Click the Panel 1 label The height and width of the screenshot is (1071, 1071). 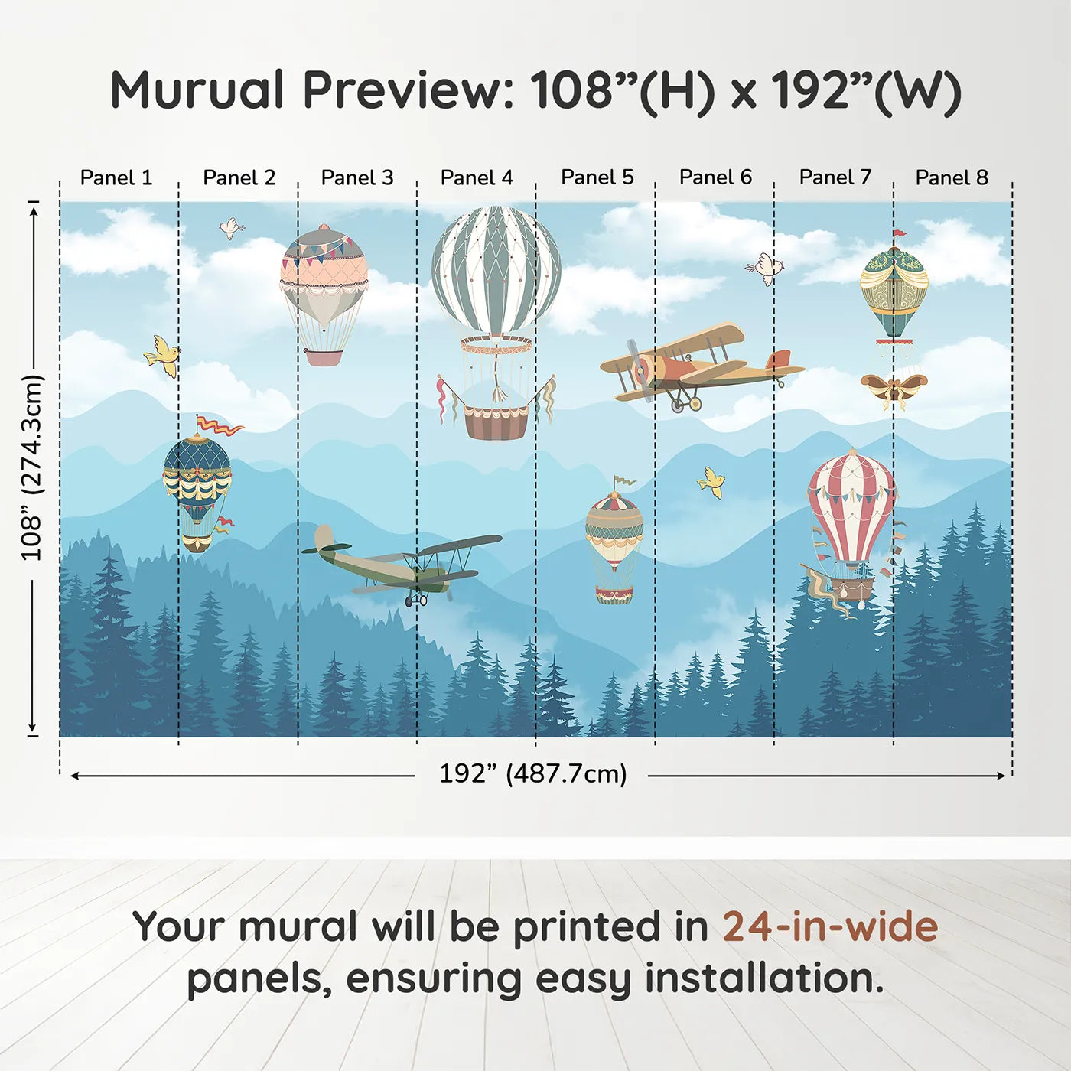point(116,177)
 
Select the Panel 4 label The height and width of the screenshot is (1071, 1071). point(477,177)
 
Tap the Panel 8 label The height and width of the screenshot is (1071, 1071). point(952,177)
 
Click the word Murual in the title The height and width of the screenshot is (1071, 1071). point(197,90)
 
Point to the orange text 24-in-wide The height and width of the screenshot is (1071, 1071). point(830,926)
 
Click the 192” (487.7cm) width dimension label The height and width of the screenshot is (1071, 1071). point(533,773)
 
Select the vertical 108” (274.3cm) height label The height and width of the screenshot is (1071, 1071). point(31,467)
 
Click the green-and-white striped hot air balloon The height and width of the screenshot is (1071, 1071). point(496,322)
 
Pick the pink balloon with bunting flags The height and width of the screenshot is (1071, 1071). point(324,295)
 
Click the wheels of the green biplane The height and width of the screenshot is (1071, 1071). point(416,600)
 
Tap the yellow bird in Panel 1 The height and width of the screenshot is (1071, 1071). point(162,355)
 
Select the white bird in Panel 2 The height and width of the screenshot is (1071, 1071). point(232,227)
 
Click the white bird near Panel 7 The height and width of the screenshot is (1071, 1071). point(765,269)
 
